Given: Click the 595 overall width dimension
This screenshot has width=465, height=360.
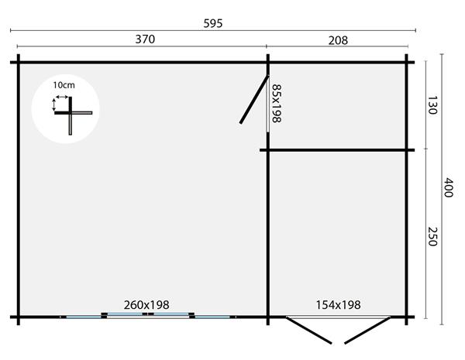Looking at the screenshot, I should click(213, 23).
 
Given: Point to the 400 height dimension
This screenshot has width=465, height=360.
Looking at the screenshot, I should click(447, 187).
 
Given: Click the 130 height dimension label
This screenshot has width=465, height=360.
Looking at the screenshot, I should click(432, 106).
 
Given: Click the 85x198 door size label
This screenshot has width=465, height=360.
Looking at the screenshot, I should click(276, 105).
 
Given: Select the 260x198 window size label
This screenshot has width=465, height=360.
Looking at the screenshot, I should click(146, 305).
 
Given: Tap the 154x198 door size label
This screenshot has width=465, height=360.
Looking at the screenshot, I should click(338, 305).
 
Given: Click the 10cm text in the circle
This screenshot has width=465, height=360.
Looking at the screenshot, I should click(64, 84).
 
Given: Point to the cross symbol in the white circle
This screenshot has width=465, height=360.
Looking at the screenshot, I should click(71, 113).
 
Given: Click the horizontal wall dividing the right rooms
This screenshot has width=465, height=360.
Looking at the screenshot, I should click(341, 149).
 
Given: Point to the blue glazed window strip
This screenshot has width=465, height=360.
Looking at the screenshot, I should click(147, 315).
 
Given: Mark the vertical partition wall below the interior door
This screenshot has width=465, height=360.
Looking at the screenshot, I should click(268, 232).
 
